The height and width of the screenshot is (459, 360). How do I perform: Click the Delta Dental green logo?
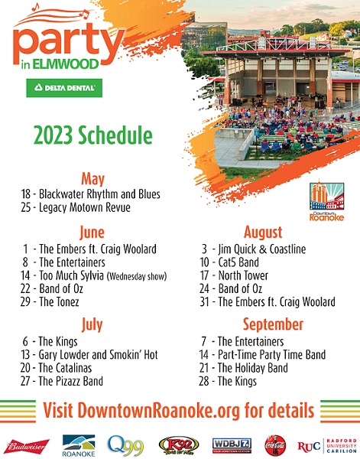tap(64, 88)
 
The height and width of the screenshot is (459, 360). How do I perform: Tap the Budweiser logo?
tap(28, 446)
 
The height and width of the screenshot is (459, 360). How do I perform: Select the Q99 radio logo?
tap(125, 445)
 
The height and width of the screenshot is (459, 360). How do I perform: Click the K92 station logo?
tap(179, 446)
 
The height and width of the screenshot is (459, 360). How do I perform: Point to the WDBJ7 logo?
tap(232, 445)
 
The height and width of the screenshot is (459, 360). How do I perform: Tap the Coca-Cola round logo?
tap(275, 445)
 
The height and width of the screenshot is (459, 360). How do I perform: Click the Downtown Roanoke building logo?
tap(326, 200)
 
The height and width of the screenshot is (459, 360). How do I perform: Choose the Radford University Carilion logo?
tap(327, 446)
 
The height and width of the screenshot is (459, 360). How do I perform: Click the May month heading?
tap(92, 179)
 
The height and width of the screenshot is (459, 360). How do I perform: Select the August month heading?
tap(263, 233)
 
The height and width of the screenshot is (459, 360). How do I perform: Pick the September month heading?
tap(273, 324)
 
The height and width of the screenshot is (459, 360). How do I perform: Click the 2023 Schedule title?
tap(93, 135)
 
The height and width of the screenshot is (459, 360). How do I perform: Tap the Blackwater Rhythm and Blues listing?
tap(90, 194)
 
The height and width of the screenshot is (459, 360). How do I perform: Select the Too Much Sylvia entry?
tap(93, 275)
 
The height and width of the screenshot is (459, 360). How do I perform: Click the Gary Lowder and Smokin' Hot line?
tap(89, 355)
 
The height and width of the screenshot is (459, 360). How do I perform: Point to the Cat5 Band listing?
tap(229, 262)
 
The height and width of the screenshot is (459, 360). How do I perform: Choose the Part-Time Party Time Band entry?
tap(262, 355)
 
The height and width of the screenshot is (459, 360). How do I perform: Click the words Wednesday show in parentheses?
tap(137, 276)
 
